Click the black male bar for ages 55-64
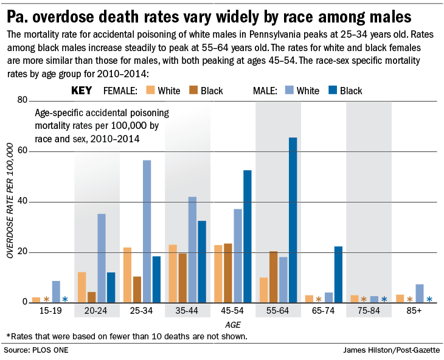(293, 220)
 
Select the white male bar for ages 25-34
(147, 231)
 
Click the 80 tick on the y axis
(23, 100)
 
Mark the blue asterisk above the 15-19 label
(65, 299)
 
